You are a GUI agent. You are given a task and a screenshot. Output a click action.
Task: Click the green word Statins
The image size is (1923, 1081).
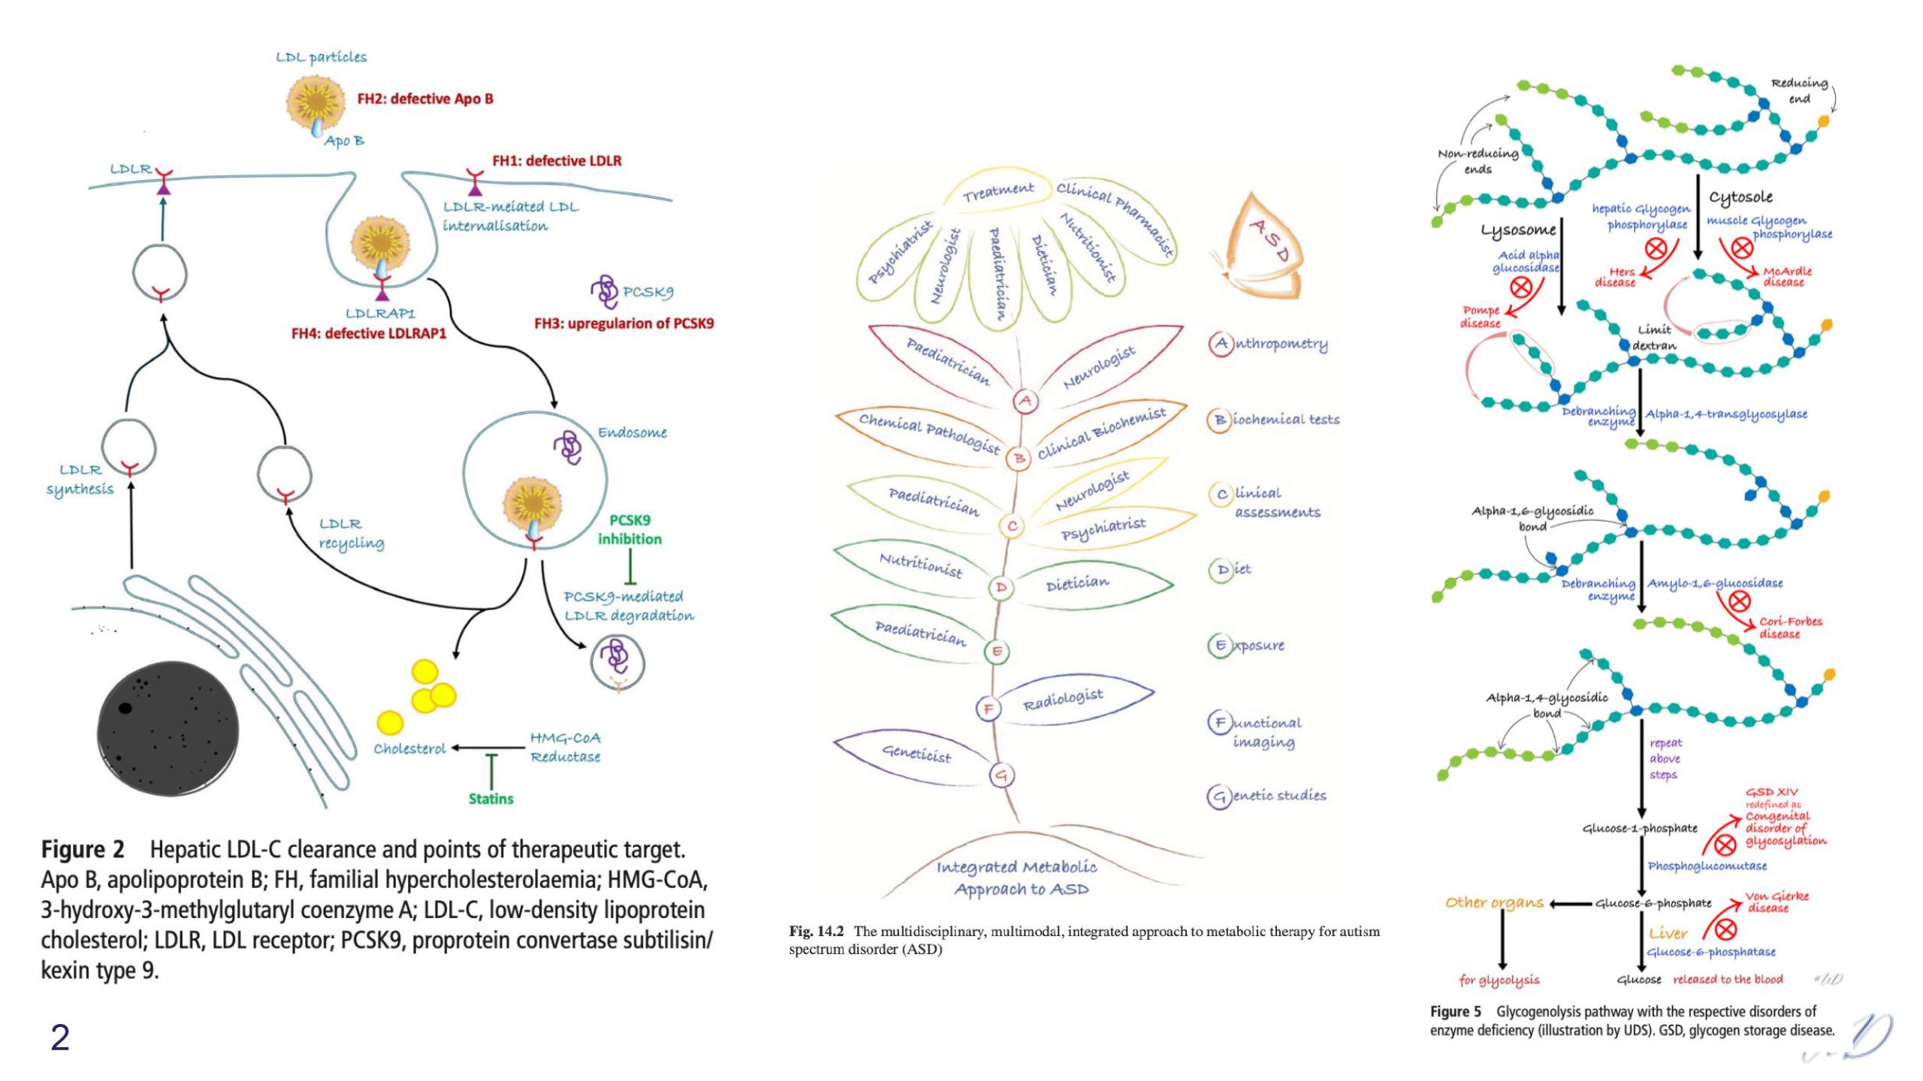click(x=491, y=799)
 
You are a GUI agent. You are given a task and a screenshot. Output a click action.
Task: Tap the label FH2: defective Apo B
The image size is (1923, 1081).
click(x=425, y=99)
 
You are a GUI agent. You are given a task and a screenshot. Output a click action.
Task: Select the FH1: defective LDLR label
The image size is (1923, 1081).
click(x=557, y=161)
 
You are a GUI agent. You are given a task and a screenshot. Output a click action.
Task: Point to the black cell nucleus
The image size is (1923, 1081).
click(x=168, y=727)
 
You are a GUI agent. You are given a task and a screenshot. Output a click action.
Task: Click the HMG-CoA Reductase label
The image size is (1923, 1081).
click(x=565, y=748)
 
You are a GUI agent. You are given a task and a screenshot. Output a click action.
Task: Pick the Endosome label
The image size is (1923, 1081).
click(x=632, y=432)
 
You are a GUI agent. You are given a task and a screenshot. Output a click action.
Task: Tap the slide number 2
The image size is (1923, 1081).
click(x=60, y=1037)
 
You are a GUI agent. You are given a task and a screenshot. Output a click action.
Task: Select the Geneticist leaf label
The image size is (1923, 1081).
click(x=916, y=753)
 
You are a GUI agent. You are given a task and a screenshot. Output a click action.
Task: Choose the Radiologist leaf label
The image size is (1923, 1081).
click(x=1063, y=700)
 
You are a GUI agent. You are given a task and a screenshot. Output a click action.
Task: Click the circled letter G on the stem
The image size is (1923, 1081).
click(x=1001, y=775)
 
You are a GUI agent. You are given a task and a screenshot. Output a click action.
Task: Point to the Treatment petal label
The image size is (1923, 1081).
click(x=998, y=192)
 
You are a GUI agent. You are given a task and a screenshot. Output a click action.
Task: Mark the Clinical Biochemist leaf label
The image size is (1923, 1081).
click(x=1102, y=434)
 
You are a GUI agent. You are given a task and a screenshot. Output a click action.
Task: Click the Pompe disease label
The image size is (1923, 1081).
click(x=1480, y=317)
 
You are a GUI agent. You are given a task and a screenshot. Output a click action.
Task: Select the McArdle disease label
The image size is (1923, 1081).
click(x=1787, y=276)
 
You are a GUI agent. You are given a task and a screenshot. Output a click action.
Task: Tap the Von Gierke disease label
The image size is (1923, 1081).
click(x=1777, y=902)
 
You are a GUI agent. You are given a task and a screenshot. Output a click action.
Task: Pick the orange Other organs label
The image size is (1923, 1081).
click(x=1494, y=903)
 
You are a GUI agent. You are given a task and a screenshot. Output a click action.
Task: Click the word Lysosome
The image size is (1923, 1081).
click(x=1518, y=230)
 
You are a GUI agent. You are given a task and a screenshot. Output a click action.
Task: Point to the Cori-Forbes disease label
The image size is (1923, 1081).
click(x=1790, y=628)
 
